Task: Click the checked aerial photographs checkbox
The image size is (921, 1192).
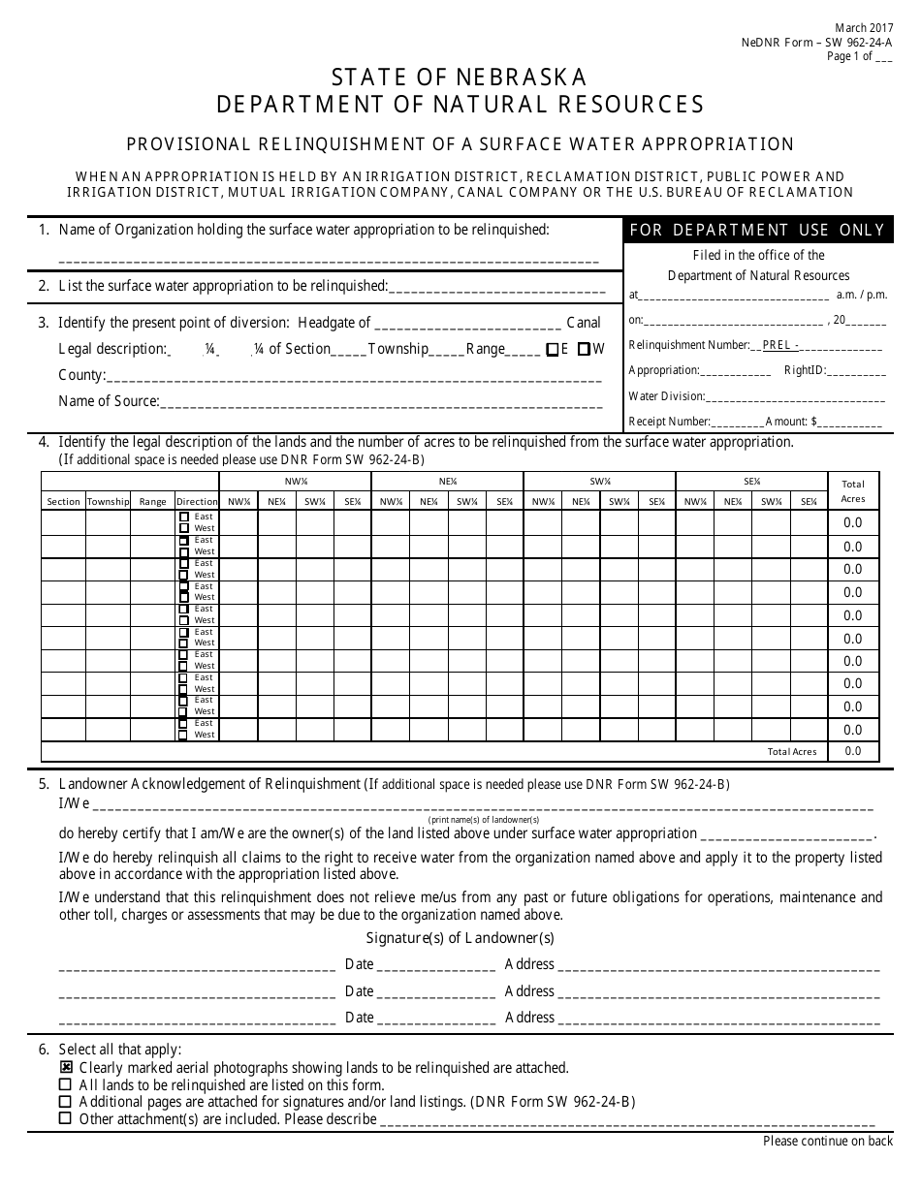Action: pos(65,1067)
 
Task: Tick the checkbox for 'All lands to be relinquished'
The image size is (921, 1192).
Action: pos(65,1084)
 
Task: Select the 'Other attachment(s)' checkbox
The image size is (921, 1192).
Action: pos(65,1118)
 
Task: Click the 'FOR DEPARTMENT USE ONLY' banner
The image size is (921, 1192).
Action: pos(758,230)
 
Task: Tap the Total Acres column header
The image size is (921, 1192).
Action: pos(853,490)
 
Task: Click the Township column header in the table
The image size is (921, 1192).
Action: pos(108,501)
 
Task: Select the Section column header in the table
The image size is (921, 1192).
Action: pos(63,501)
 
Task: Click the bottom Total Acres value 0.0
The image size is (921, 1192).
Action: pos(853,751)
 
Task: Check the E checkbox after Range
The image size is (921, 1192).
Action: pos(552,350)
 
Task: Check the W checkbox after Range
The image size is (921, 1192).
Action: pos(584,350)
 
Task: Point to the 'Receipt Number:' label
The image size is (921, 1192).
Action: pos(670,422)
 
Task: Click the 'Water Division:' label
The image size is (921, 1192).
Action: pos(666,395)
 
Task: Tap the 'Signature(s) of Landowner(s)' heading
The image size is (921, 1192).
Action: pos(460,937)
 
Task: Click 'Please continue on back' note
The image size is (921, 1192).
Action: pos(828,1141)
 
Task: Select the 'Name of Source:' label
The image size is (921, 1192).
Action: pos(109,400)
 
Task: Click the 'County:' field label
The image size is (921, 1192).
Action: pos(81,375)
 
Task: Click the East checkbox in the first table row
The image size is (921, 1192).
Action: pos(183,517)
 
